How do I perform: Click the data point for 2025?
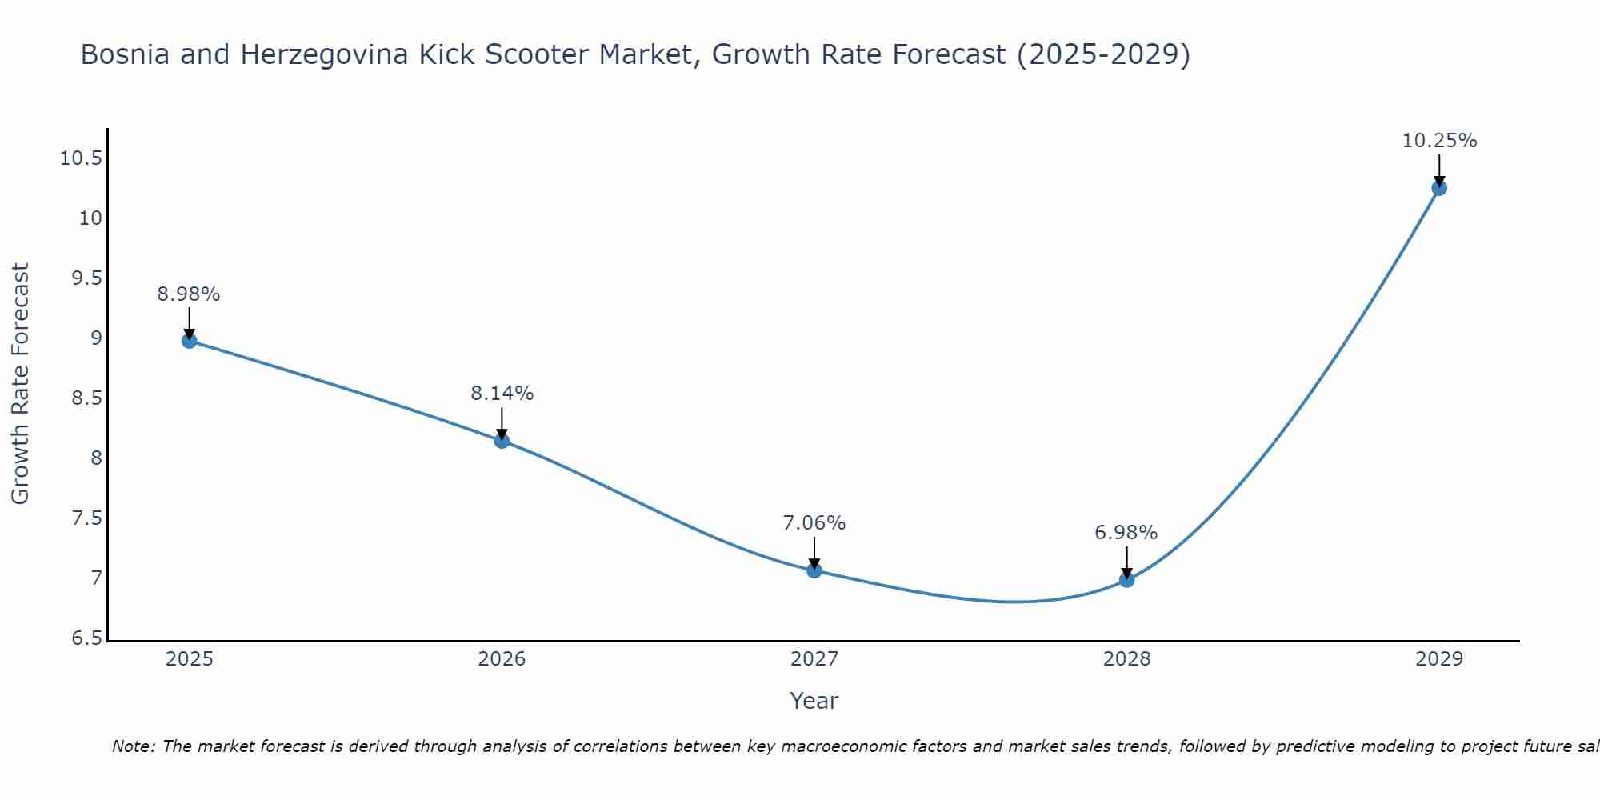(x=189, y=341)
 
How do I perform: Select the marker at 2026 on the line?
(x=502, y=441)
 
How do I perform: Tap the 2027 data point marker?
(x=814, y=570)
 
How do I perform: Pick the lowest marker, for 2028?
(x=1126, y=579)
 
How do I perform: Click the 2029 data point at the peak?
(x=1439, y=188)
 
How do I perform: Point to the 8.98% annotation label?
(x=189, y=294)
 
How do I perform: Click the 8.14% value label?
(x=502, y=394)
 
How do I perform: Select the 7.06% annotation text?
(x=814, y=523)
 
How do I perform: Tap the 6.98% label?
(x=1126, y=533)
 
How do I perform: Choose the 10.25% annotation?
(x=1439, y=141)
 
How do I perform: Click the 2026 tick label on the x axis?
(x=502, y=659)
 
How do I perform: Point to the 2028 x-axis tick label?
(x=1126, y=659)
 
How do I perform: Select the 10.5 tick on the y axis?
(x=81, y=158)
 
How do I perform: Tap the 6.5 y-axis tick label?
(x=86, y=638)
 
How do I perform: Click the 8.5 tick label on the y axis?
(x=86, y=398)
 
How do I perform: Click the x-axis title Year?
(x=814, y=701)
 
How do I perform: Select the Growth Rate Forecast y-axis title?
(x=20, y=383)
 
